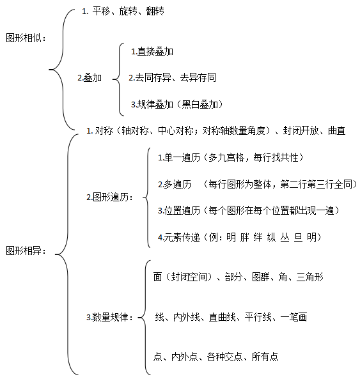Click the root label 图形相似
pyautogui.click(x=24, y=38)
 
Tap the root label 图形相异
pyautogui.click(x=24, y=251)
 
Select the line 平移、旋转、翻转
pyautogui.click(x=128, y=11)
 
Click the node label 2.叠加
pyautogui.click(x=90, y=78)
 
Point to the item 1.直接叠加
pyautogui.click(x=152, y=52)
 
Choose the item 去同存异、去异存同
pyautogui.click(x=176, y=77)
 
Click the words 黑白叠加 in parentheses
pyautogui.click(x=200, y=104)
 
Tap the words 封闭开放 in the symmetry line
pyautogui.click(x=301, y=130)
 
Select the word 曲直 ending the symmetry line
pyautogui.click(x=336, y=130)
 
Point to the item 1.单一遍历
pyautogui.click(x=179, y=157)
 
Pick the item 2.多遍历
pyautogui.click(x=175, y=184)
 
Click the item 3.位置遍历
pyautogui.click(x=179, y=210)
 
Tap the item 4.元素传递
pyautogui.click(x=179, y=237)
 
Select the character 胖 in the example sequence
pyautogui.click(x=244, y=237)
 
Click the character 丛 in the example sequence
pyautogui.click(x=285, y=237)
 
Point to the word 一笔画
pyautogui.click(x=293, y=317)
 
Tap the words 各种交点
pyautogui.click(x=224, y=357)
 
